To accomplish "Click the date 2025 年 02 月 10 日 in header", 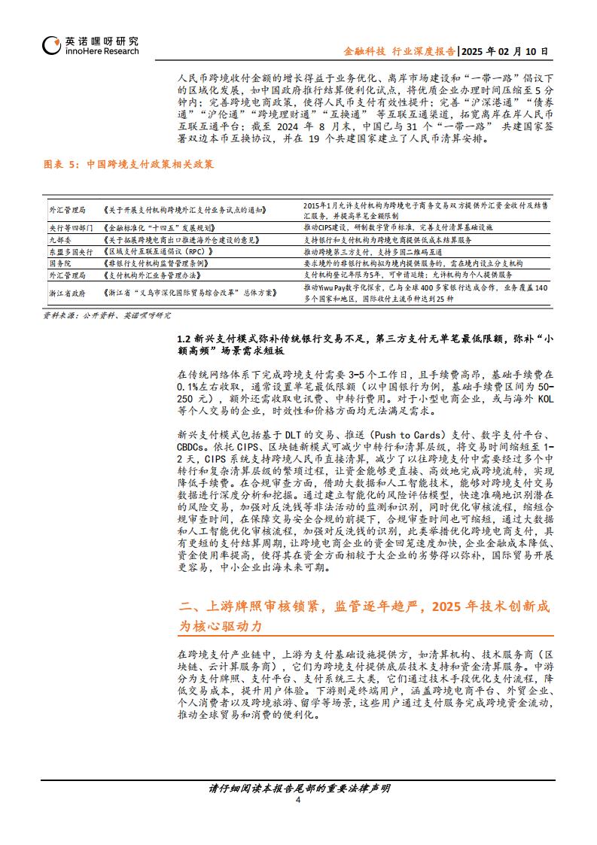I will pyautogui.click(x=504, y=51).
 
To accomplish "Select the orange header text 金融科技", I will pyautogui.click(x=364, y=51).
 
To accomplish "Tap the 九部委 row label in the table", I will pyautogui.click(x=59, y=239).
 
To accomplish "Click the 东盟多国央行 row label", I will pyautogui.click(x=70, y=251).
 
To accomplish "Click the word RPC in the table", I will pyautogui.click(x=198, y=251).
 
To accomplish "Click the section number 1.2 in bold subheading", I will pyautogui.click(x=184, y=339).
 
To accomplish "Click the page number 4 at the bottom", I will pyautogui.click(x=299, y=800).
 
